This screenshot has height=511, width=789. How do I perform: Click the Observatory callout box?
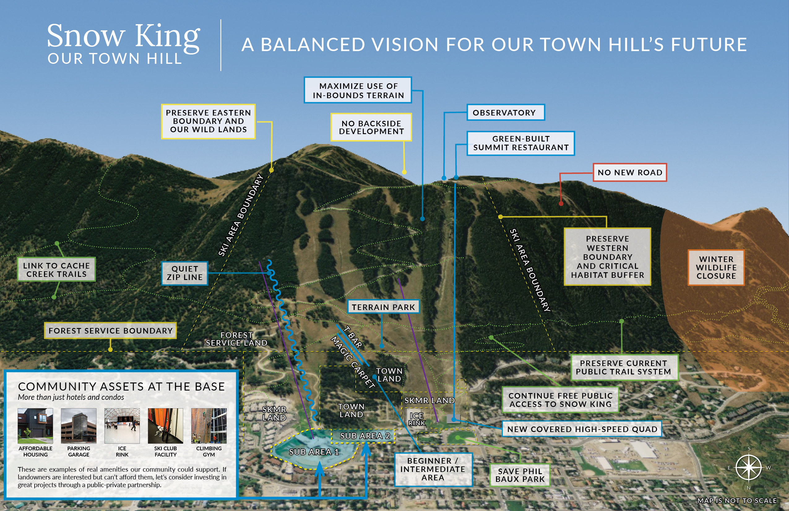[x=505, y=112]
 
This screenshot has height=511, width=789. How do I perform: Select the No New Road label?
[x=630, y=172]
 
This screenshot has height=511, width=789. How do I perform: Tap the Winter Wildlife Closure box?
[x=716, y=268]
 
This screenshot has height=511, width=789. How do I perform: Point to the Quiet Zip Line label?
[x=185, y=273]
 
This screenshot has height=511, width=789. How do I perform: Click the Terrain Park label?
[x=383, y=307]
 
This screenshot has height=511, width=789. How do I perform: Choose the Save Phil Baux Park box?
[x=520, y=475]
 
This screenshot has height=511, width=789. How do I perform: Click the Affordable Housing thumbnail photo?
[x=35, y=426]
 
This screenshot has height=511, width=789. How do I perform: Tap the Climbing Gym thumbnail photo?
[x=209, y=426]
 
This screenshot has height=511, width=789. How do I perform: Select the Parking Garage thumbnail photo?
[x=79, y=426]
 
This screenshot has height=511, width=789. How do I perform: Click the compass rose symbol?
[x=748, y=468]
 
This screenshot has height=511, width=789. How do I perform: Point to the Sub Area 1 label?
[x=314, y=452]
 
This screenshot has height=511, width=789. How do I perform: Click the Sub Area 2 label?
[x=365, y=436]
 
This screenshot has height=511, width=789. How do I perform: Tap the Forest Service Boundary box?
[x=110, y=330]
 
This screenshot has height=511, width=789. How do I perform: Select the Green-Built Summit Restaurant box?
[x=520, y=143]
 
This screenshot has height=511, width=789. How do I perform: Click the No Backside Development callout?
[x=371, y=127]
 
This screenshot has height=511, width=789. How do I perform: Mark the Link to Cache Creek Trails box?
[x=56, y=269]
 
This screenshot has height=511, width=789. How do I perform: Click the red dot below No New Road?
[x=561, y=203]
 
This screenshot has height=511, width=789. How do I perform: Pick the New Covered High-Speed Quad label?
[x=582, y=429]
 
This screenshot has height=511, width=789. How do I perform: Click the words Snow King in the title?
[x=123, y=36]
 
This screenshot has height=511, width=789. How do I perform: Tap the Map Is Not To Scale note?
[x=737, y=500]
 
